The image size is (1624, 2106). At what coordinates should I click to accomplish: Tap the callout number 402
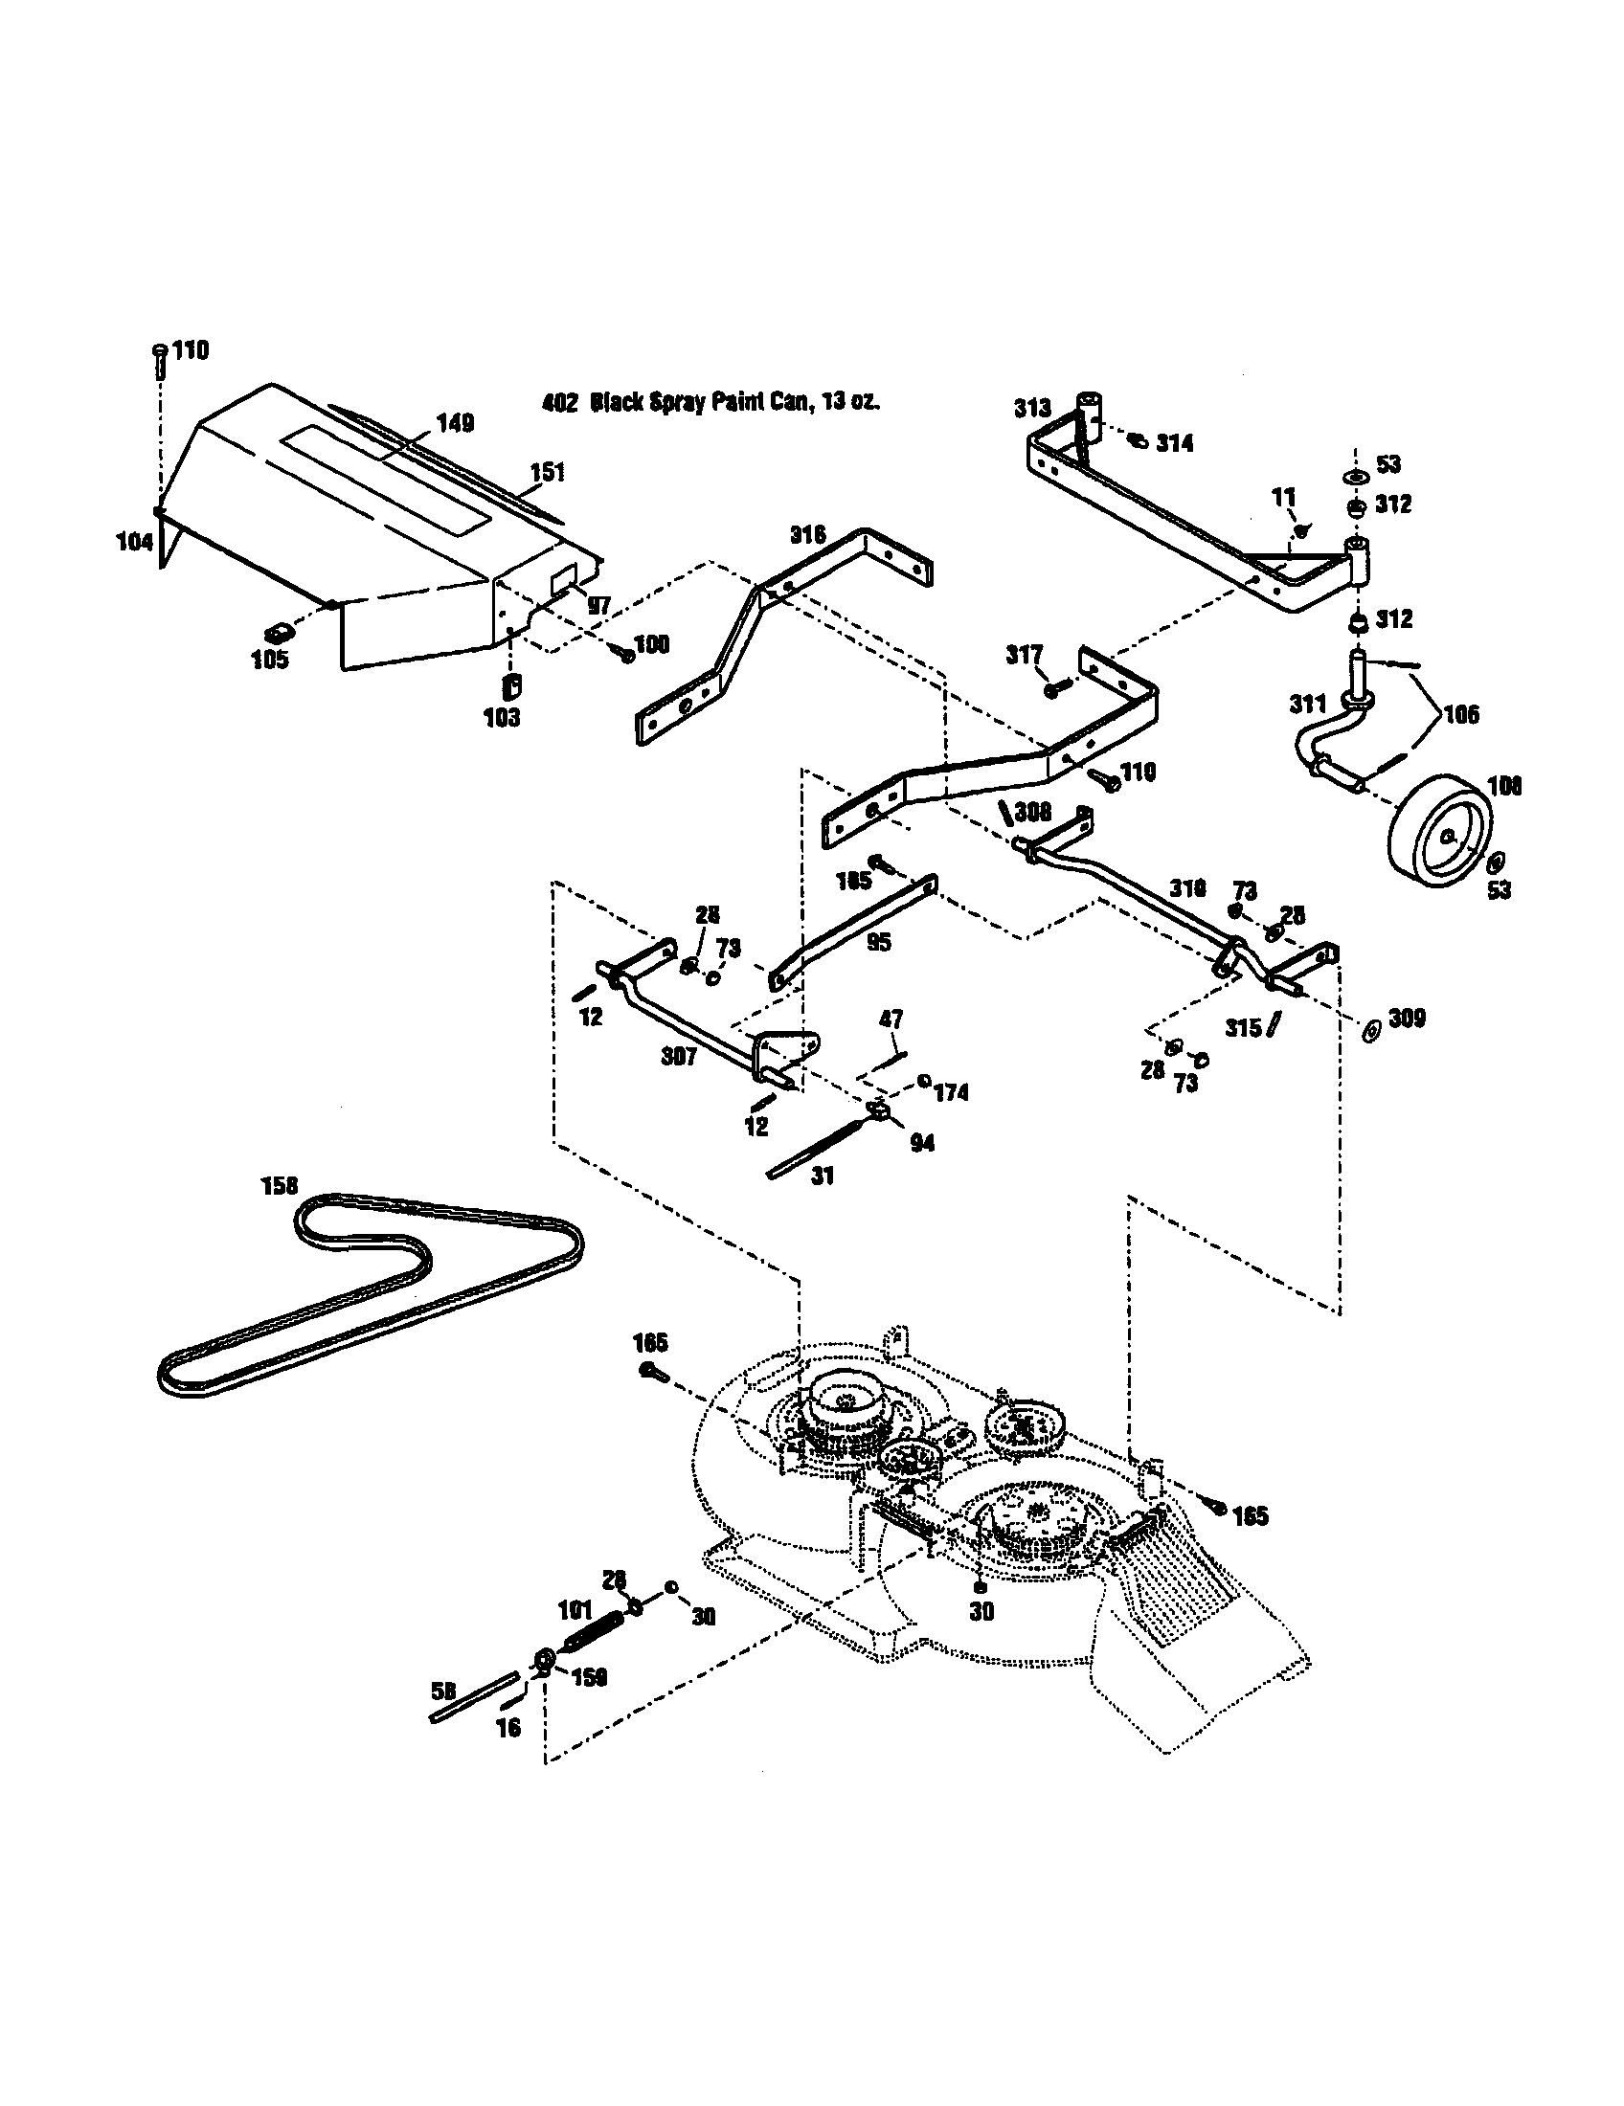click(559, 402)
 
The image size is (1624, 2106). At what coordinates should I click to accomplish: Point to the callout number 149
click(455, 422)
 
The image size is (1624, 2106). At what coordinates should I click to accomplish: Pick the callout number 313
click(1032, 408)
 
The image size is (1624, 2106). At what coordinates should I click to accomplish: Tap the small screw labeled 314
click(1138, 440)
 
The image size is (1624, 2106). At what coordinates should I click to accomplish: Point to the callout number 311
click(1308, 704)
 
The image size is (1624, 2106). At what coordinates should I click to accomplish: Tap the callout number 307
click(680, 1055)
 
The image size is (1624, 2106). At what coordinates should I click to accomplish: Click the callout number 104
click(135, 542)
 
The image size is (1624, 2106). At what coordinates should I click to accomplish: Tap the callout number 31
click(822, 1176)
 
